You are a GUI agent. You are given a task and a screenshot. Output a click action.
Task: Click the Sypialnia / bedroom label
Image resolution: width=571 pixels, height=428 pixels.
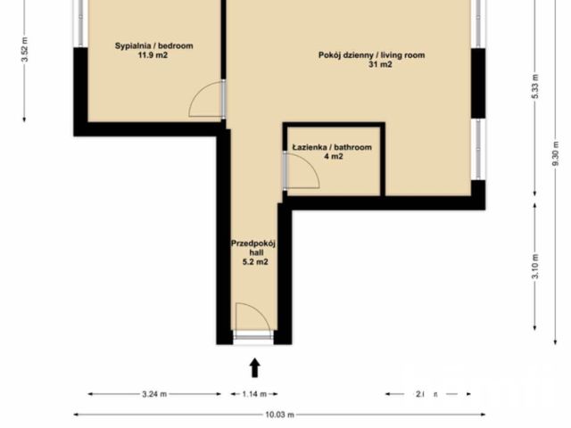[154, 45]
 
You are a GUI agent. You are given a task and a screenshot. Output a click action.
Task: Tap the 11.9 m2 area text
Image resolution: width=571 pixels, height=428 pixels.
[154, 55]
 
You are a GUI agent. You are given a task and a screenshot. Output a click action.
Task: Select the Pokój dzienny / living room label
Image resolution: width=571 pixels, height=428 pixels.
[371, 55]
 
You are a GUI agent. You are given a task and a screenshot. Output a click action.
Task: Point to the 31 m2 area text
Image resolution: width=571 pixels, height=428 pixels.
[371, 65]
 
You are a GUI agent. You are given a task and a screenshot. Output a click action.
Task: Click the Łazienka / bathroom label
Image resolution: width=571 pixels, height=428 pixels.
[331, 147]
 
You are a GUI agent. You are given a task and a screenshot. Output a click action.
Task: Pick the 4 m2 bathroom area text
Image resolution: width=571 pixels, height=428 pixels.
[333, 157]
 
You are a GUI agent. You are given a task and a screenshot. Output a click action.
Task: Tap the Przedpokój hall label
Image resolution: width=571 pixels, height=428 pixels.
[252, 243]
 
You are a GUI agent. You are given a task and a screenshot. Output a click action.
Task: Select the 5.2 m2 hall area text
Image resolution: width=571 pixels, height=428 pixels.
[252, 262]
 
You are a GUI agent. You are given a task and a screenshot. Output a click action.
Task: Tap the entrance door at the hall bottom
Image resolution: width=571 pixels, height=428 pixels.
[252, 337]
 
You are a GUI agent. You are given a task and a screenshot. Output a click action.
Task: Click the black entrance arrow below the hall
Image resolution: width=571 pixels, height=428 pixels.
[254, 366]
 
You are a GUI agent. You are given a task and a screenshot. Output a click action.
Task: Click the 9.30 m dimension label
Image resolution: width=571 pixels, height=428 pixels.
[556, 156]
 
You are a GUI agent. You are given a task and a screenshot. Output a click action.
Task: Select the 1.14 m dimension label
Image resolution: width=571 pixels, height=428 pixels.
[254, 393]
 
